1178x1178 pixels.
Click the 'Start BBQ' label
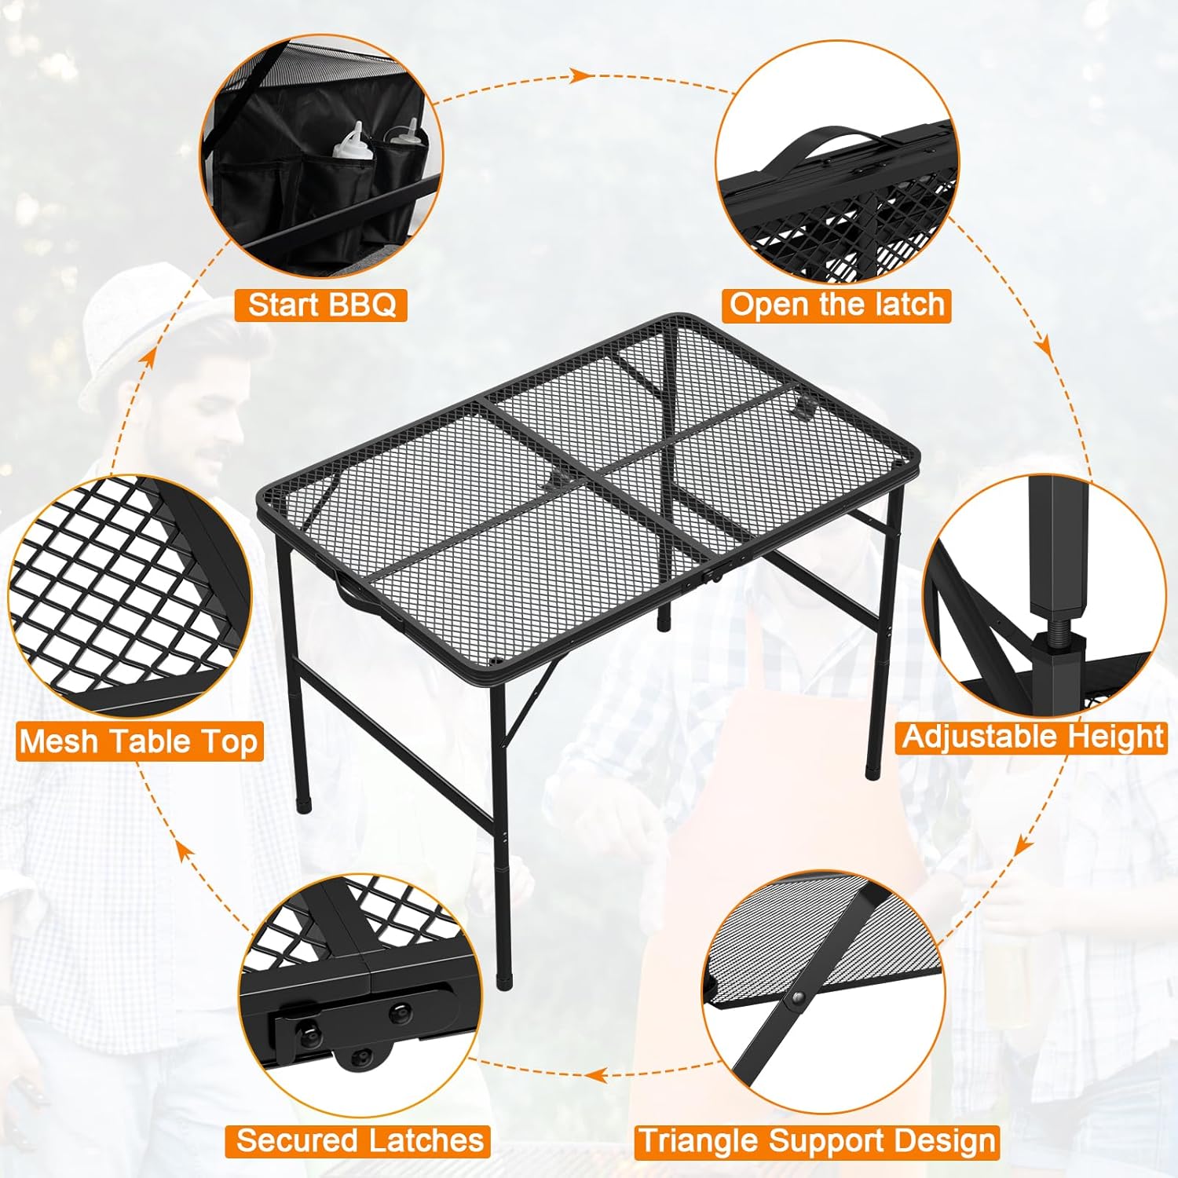click(321, 305)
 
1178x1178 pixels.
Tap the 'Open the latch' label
click(836, 305)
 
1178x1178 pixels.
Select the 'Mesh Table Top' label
click(139, 742)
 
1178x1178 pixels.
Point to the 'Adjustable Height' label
click(1032, 737)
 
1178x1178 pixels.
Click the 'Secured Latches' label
click(358, 1140)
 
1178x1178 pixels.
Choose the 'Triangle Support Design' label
click(817, 1141)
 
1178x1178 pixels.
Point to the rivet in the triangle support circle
click(798, 1000)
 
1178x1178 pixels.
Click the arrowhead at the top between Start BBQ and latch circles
click(580, 75)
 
